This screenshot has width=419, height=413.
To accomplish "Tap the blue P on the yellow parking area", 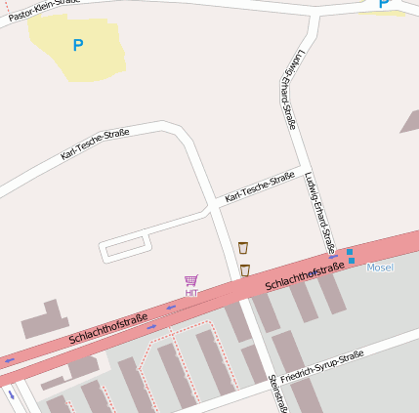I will point(78,44).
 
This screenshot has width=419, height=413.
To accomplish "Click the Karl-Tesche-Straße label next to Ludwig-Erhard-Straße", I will point(260,188).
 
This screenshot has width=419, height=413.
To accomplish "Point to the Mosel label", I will point(380,267).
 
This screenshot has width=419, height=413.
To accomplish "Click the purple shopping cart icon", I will point(191,280).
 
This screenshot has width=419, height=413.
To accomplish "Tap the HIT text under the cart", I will point(191,292).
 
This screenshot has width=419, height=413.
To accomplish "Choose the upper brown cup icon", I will point(243,248).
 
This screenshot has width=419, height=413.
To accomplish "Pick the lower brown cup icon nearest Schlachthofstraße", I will point(245,269).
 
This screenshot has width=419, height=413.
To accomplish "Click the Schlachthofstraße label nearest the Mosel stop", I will point(305,276).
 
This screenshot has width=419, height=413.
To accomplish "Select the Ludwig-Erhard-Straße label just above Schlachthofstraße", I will point(319,211).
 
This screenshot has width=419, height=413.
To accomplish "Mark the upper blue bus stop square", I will point(350,252).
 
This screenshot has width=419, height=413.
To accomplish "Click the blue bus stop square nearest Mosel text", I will point(352,261).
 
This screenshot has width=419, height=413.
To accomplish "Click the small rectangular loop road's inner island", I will point(124,248).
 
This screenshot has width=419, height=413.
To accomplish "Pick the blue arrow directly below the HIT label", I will point(172,308).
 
